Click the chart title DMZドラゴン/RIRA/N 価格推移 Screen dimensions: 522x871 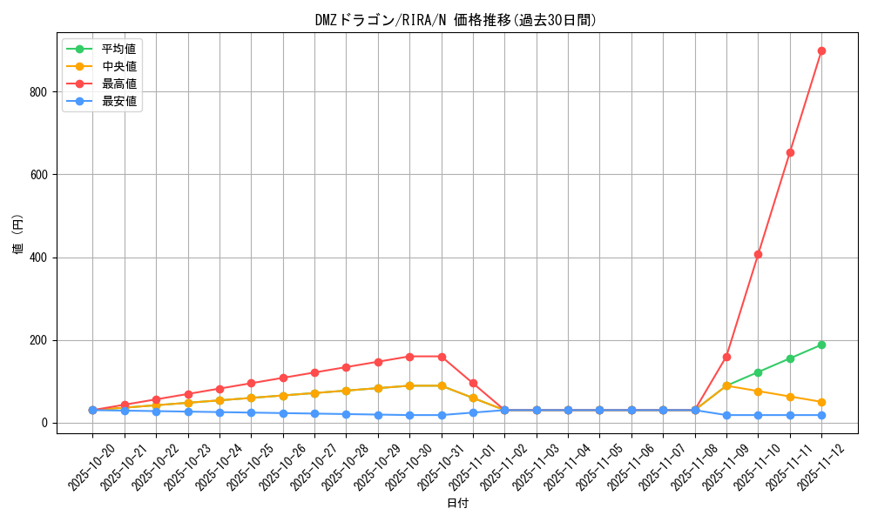pyautogui.click(x=456, y=20)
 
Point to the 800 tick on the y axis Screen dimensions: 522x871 pyautogui.click(x=46, y=91)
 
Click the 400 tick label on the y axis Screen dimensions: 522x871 pyautogui.click(x=46, y=258)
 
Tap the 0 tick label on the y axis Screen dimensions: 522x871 pyautogui.click(x=53, y=424)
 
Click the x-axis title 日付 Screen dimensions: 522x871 pyautogui.click(x=456, y=503)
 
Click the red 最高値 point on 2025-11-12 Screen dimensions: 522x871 pyautogui.click(x=821, y=50)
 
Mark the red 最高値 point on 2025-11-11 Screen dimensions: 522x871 pyautogui.click(x=790, y=152)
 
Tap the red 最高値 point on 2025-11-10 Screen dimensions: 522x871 pyautogui.click(x=758, y=254)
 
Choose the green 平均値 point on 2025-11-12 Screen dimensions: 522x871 pyautogui.click(x=821, y=345)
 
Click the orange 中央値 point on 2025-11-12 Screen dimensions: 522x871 pyautogui.click(x=821, y=402)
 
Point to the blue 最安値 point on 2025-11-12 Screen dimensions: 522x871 pyautogui.click(x=821, y=415)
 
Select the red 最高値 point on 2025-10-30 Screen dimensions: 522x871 pyautogui.click(x=409, y=357)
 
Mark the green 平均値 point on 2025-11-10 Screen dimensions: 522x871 pyautogui.click(x=758, y=372)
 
